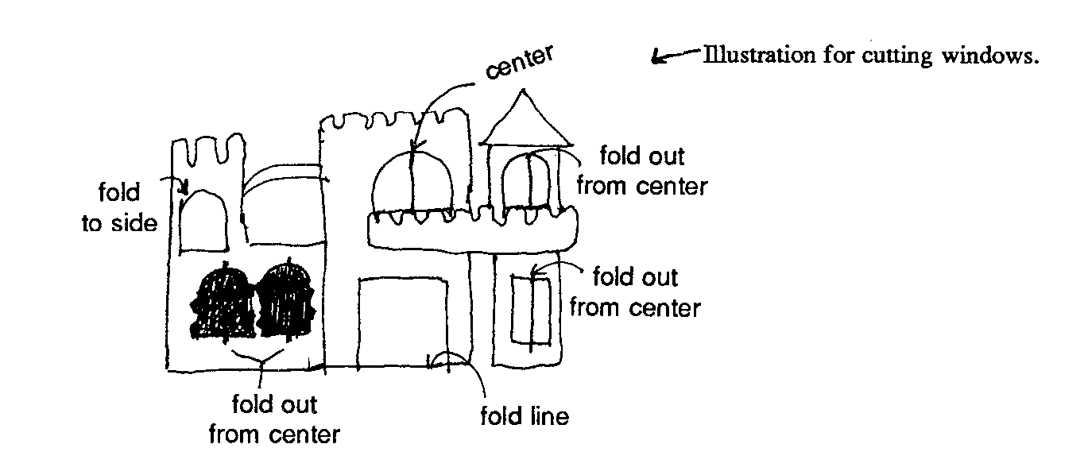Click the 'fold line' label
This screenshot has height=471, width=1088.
click(x=525, y=416)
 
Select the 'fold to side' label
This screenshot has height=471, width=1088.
click(x=118, y=209)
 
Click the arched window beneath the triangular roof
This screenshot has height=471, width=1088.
click(x=527, y=182)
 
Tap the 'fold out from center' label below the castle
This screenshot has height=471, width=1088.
click(x=274, y=420)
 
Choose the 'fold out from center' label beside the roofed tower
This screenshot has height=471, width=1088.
click(x=641, y=171)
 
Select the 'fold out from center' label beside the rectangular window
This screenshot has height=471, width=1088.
click(x=636, y=292)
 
